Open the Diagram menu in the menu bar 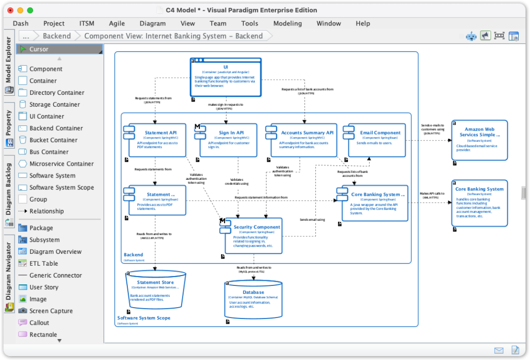click(x=152, y=23)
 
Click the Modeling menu click(x=287, y=23)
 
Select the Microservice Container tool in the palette click(x=61, y=164)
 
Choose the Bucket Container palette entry click(x=53, y=140)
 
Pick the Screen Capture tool click(x=50, y=311)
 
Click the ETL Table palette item click(x=43, y=263)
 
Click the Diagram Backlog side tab click(x=9, y=189)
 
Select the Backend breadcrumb click(x=56, y=36)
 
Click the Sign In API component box click(x=228, y=140)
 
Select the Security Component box click(x=254, y=236)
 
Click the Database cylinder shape click(x=254, y=299)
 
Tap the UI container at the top click(x=226, y=77)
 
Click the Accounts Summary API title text click(x=307, y=133)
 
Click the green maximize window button click(x=30, y=10)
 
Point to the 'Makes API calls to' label click(x=432, y=193)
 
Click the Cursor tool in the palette click(x=38, y=49)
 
